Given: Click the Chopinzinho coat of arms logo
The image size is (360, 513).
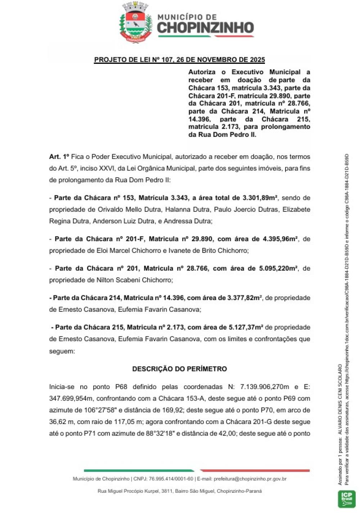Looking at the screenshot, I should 136,22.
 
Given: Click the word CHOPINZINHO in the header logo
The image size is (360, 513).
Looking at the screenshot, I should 206,28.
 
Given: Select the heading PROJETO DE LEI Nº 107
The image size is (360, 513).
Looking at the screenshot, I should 179,60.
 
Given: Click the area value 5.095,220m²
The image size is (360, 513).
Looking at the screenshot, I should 278,268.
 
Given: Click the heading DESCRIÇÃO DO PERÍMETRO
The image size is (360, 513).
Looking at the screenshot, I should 179,369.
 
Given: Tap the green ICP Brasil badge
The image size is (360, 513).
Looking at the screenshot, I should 347,499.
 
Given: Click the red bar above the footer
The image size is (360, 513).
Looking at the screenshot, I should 255,470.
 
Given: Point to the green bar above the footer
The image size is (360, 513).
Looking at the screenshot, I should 139,470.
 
